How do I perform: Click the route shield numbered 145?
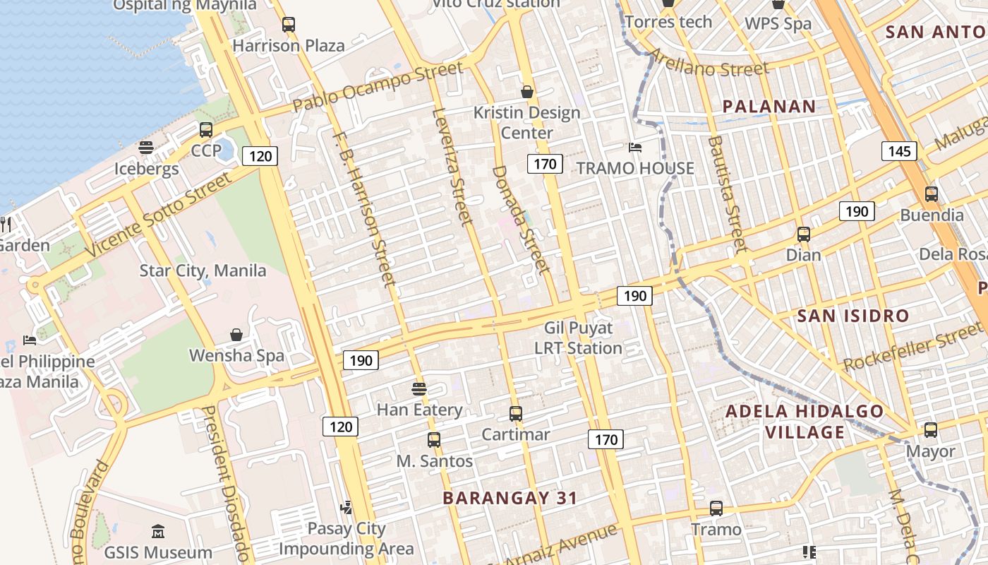click(898, 150)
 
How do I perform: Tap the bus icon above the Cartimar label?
click(516, 414)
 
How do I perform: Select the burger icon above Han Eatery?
click(419, 388)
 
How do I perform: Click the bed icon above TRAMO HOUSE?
click(635, 148)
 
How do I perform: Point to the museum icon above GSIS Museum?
click(158, 531)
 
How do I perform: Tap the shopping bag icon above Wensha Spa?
click(236, 335)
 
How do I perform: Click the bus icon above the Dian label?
click(803, 234)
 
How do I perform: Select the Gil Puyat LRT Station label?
click(578, 338)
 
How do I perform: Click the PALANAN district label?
click(769, 107)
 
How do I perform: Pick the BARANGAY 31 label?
click(510, 498)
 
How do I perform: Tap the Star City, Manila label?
click(203, 270)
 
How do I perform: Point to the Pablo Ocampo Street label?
click(378, 86)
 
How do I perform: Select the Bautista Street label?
click(726, 194)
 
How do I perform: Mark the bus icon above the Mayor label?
click(931, 429)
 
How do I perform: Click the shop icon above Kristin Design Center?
click(526, 92)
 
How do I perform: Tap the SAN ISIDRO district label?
click(853, 316)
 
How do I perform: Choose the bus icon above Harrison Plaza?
click(289, 25)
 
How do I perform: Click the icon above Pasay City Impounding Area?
click(346, 507)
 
